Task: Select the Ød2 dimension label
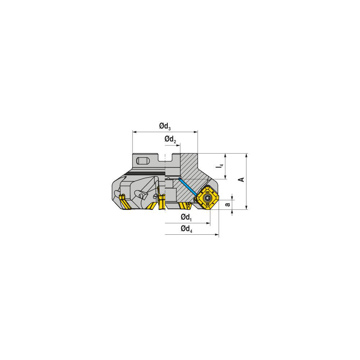pyautogui.click(x=170, y=140)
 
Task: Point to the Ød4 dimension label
pyautogui.click(x=186, y=229)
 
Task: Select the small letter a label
pyautogui.click(x=228, y=204)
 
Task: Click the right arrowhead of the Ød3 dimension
pyautogui.click(x=196, y=132)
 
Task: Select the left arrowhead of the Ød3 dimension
pyautogui.click(x=135, y=132)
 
